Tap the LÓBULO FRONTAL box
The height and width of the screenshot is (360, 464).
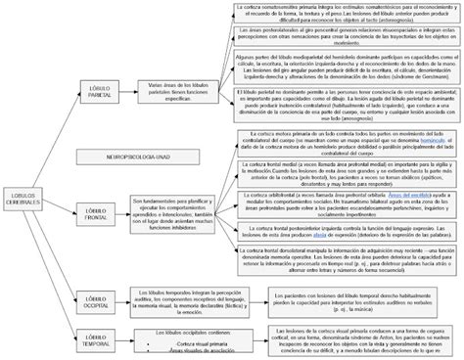95,210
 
